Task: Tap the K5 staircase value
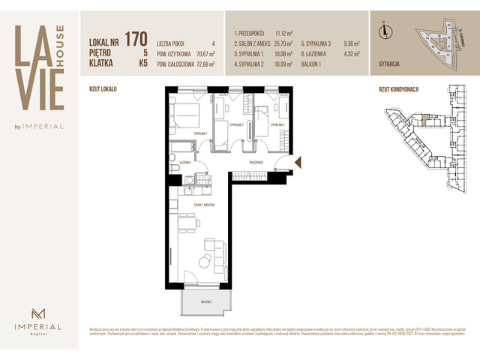pos(142,64)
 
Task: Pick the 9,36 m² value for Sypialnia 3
pos(352,43)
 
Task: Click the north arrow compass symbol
pos(384,31)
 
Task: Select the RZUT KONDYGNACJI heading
pos(399,88)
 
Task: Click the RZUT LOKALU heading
pos(103,88)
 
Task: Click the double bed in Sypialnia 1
pos(185,116)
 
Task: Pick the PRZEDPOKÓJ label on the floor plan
pos(259,161)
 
